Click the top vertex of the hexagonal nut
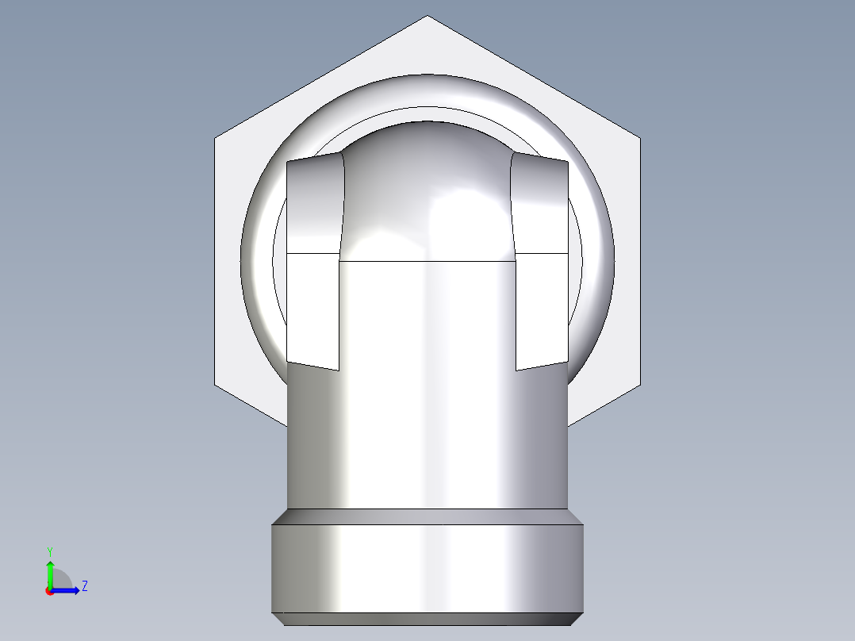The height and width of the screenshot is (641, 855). point(427,16)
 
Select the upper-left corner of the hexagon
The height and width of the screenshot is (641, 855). point(215,139)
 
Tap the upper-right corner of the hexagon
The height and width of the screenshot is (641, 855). point(639,139)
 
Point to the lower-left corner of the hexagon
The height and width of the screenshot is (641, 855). point(215,388)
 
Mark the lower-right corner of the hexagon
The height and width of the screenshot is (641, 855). point(639,388)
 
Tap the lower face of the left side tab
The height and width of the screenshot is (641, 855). point(312,309)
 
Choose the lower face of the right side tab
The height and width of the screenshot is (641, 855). point(542,309)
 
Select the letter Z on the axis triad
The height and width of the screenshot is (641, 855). point(84,586)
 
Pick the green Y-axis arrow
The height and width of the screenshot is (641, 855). point(50,571)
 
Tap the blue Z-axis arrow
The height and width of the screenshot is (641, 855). point(68,590)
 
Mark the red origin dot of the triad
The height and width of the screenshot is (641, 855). point(50,591)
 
